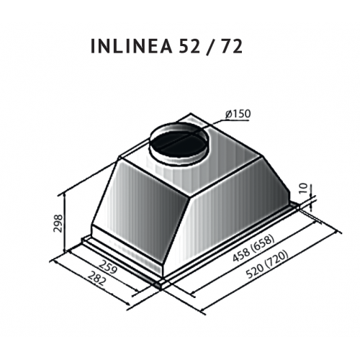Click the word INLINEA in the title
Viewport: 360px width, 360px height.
click(132, 46)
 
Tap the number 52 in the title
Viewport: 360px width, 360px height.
click(189, 46)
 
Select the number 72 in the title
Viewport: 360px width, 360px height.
click(231, 46)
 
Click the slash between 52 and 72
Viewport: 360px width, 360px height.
click(210, 47)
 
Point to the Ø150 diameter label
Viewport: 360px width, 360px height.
click(238, 114)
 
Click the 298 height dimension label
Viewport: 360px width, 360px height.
click(58, 223)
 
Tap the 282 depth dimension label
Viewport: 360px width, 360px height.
click(96, 278)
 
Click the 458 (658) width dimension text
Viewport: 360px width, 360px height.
click(253, 248)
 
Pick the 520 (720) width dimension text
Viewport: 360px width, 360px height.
click(267, 264)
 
